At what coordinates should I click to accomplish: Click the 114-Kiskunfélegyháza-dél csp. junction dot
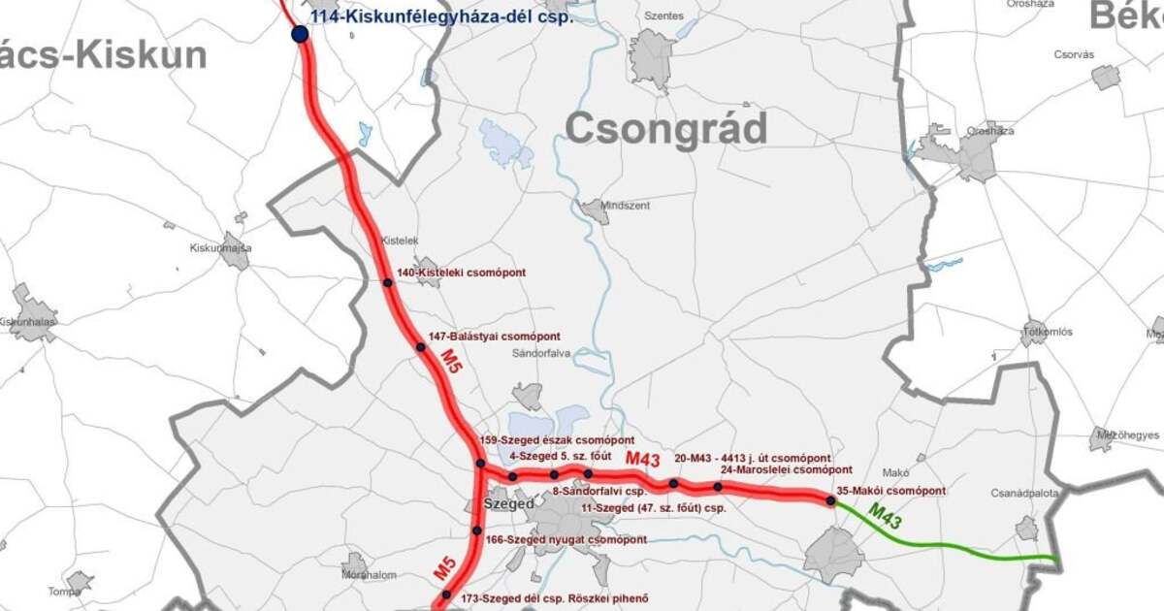(300, 34)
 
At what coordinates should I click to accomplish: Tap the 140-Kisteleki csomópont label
(461, 273)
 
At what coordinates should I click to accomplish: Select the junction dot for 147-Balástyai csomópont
(421, 346)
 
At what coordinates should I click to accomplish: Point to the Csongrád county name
(665, 129)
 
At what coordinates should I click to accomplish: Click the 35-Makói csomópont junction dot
(830, 500)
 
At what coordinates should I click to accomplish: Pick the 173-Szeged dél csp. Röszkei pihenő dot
(447, 595)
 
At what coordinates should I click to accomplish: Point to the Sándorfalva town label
(540, 353)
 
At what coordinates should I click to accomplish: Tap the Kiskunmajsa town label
(220, 248)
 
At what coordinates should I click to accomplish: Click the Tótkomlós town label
(1047, 332)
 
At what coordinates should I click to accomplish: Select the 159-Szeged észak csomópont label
(549, 440)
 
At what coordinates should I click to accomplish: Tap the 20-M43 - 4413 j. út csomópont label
(753, 457)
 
